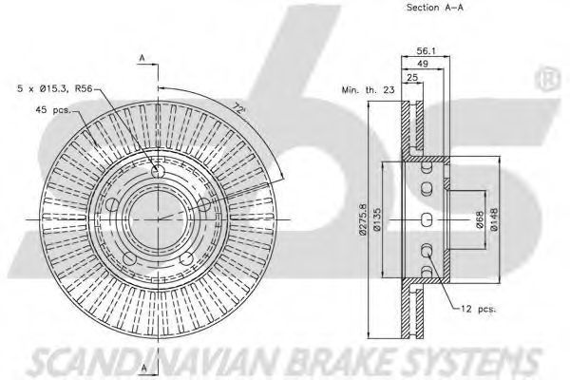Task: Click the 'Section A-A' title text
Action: (435, 8)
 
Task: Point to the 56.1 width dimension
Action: (426, 51)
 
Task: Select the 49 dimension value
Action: (423, 64)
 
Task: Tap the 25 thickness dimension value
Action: (412, 77)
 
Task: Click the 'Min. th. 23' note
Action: (368, 90)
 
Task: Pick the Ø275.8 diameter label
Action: (363, 219)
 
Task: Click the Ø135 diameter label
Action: (376, 219)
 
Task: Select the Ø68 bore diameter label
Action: (480, 219)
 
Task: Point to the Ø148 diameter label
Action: (494, 219)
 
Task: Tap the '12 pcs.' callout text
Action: (478, 309)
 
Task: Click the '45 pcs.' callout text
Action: (54, 109)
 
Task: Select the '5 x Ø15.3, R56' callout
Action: (55, 88)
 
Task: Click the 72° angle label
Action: (238, 108)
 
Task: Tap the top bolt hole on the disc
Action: (158, 172)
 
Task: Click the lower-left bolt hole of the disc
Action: (129, 259)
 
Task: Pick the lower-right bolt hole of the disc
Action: (187, 259)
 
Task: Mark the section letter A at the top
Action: (142, 58)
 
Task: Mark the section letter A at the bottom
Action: (144, 368)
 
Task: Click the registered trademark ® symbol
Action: (547, 78)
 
